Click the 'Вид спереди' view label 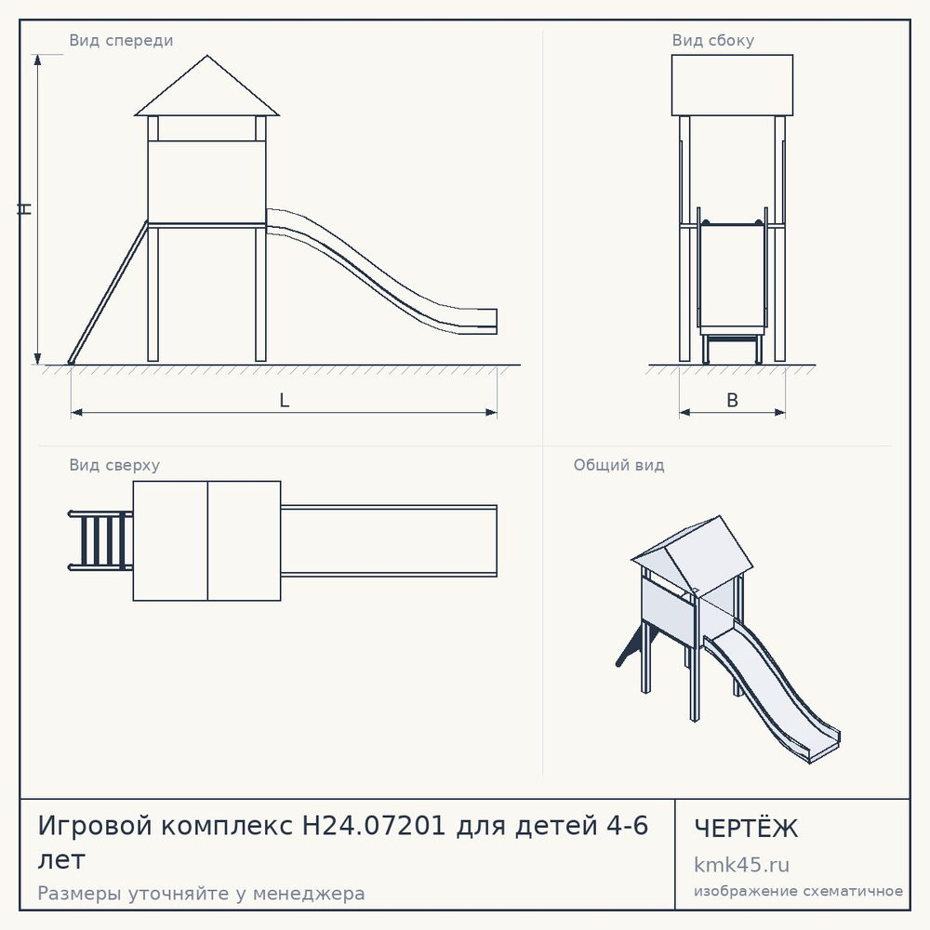(x=121, y=40)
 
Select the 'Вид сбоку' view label (x=713, y=40)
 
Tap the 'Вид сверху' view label (x=114, y=465)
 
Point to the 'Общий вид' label (x=618, y=465)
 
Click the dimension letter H (x=24, y=208)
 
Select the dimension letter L (x=284, y=400)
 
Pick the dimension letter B (x=733, y=400)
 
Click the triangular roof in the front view (x=207, y=89)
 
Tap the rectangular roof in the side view (x=732, y=86)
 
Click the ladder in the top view (x=100, y=540)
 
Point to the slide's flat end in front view (x=474, y=321)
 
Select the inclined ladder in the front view (x=108, y=292)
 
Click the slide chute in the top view (x=389, y=541)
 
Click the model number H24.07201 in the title (x=374, y=826)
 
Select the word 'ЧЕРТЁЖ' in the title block (x=746, y=828)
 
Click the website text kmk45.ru (x=741, y=865)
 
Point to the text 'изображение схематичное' (x=798, y=891)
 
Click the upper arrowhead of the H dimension (x=38, y=60)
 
